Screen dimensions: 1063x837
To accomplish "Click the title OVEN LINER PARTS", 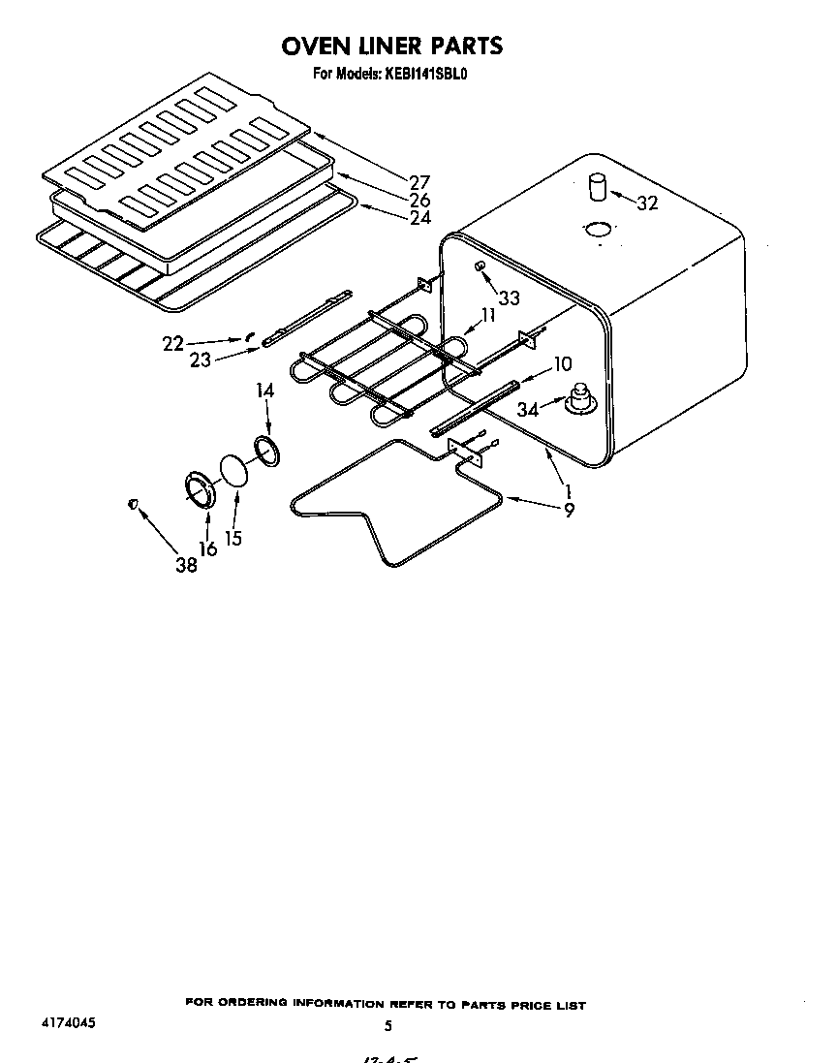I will click(x=392, y=46).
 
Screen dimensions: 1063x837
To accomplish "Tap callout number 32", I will click(x=648, y=203).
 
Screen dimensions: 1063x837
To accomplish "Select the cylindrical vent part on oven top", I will click(x=599, y=186).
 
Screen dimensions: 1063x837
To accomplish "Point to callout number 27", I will click(x=419, y=182).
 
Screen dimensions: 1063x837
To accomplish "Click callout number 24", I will click(x=419, y=218).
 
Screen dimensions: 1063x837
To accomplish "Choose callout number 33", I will click(x=509, y=298).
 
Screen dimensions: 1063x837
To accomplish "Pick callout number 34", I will click(x=527, y=410).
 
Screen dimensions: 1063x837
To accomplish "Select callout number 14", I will click(x=265, y=391).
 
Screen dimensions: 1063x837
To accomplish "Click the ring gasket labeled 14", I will click(x=267, y=451).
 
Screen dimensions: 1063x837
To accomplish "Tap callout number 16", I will click(x=207, y=548).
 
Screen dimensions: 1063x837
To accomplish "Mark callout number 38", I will click(x=186, y=565).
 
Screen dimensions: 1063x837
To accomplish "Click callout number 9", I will click(x=568, y=510).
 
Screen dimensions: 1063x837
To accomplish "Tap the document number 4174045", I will click(x=68, y=1022).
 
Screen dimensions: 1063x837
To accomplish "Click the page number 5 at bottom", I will click(x=387, y=1025).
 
